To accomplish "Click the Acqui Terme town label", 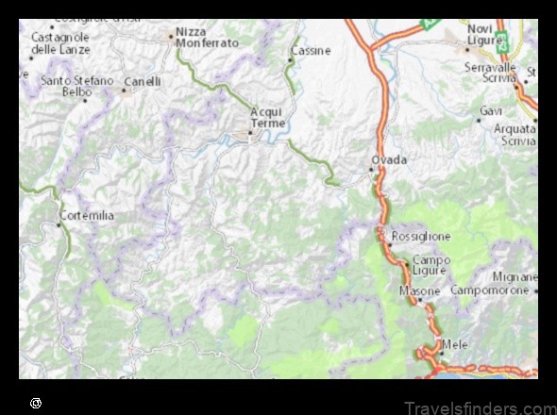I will [265, 118].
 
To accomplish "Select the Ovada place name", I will [390, 160].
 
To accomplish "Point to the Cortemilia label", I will [86, 216].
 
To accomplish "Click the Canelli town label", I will [143, 82].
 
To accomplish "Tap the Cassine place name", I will [312, 50].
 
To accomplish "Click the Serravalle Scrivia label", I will [499, 74].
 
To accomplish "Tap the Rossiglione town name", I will [421, 236].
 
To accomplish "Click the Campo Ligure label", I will [431, 266].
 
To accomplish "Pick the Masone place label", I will [419, 291].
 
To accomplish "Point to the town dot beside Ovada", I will [371, 171].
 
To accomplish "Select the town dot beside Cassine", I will [290, 60].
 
